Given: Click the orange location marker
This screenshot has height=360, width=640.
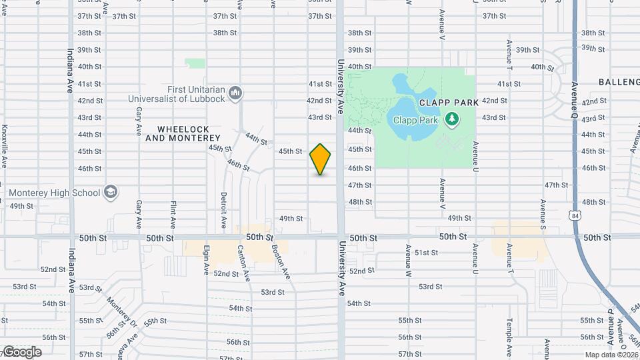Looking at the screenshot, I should (x=321, y=159).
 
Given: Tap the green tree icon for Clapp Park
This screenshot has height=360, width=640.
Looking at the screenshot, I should (x=453, y=119).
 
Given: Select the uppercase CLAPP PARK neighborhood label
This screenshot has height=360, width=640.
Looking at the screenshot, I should (x=449, y=103).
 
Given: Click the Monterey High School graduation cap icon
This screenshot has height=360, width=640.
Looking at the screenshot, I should (x=111, y=193).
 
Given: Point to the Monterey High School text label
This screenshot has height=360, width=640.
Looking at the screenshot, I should (x=55, y=193).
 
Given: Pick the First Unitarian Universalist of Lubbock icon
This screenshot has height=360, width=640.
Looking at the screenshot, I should (x=235, y=94).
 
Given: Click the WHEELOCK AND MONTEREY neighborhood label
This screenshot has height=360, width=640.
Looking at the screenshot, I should (x=177, y=133).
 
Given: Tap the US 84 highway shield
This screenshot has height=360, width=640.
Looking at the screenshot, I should (x=575, y=215).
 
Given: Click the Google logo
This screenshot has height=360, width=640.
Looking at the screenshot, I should (x=21, y=351).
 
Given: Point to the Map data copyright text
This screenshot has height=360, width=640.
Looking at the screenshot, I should (x=611, y=355).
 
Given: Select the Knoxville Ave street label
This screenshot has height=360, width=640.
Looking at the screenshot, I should (x=5, y=147).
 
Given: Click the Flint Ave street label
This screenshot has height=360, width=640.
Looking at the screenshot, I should (x=173, y=213).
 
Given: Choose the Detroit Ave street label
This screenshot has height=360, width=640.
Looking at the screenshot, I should (x=224, y=208).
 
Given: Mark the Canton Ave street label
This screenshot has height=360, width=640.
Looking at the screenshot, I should (x=243, y=261).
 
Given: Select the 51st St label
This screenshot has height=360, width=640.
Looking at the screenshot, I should (x=426, y=253).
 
